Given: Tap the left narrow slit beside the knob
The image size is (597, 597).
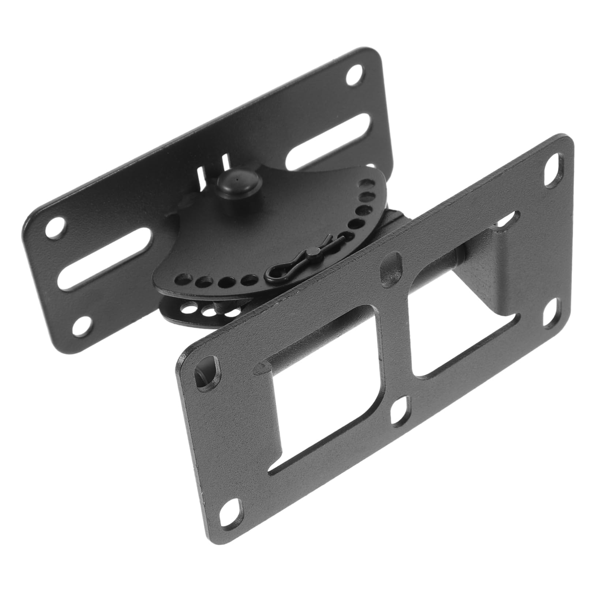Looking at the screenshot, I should pyautogui.click(x=201, y=177).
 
